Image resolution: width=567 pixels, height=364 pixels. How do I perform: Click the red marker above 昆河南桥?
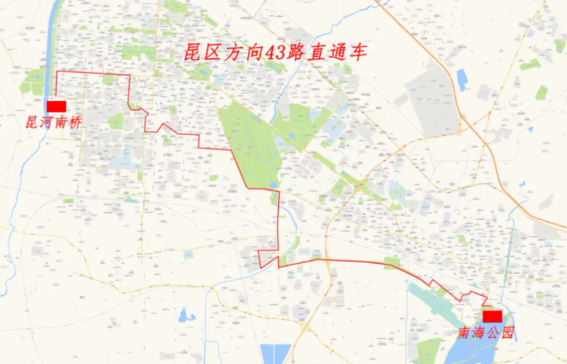coord(56,107)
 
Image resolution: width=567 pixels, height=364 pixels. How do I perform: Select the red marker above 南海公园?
coord(492,316)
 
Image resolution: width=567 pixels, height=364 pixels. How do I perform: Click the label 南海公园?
coord(486,332)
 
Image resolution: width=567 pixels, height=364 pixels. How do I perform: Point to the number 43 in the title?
coord(257,53)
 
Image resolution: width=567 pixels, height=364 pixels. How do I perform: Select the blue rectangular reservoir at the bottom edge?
coord(276,354)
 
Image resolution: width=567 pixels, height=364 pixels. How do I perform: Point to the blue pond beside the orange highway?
coord(462,80)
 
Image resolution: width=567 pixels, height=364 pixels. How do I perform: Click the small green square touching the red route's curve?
coord(392,263)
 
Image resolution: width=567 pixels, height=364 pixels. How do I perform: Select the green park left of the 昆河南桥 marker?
coord(32,84)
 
